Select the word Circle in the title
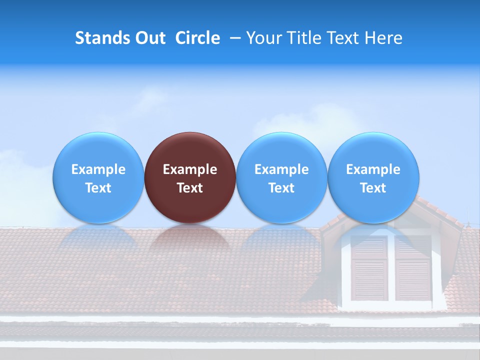tap(197, 38)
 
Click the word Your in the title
tap(264, 38)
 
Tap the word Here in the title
tap(383, 38)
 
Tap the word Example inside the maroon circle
tap(190, 169)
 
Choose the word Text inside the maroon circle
tap(190, 188)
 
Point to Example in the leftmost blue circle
tap(98, 169)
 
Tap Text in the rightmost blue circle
tap(373, 188)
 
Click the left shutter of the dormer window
tap(369, 268)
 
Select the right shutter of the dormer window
tap(413, 268)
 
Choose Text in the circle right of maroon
tap(281, 188)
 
